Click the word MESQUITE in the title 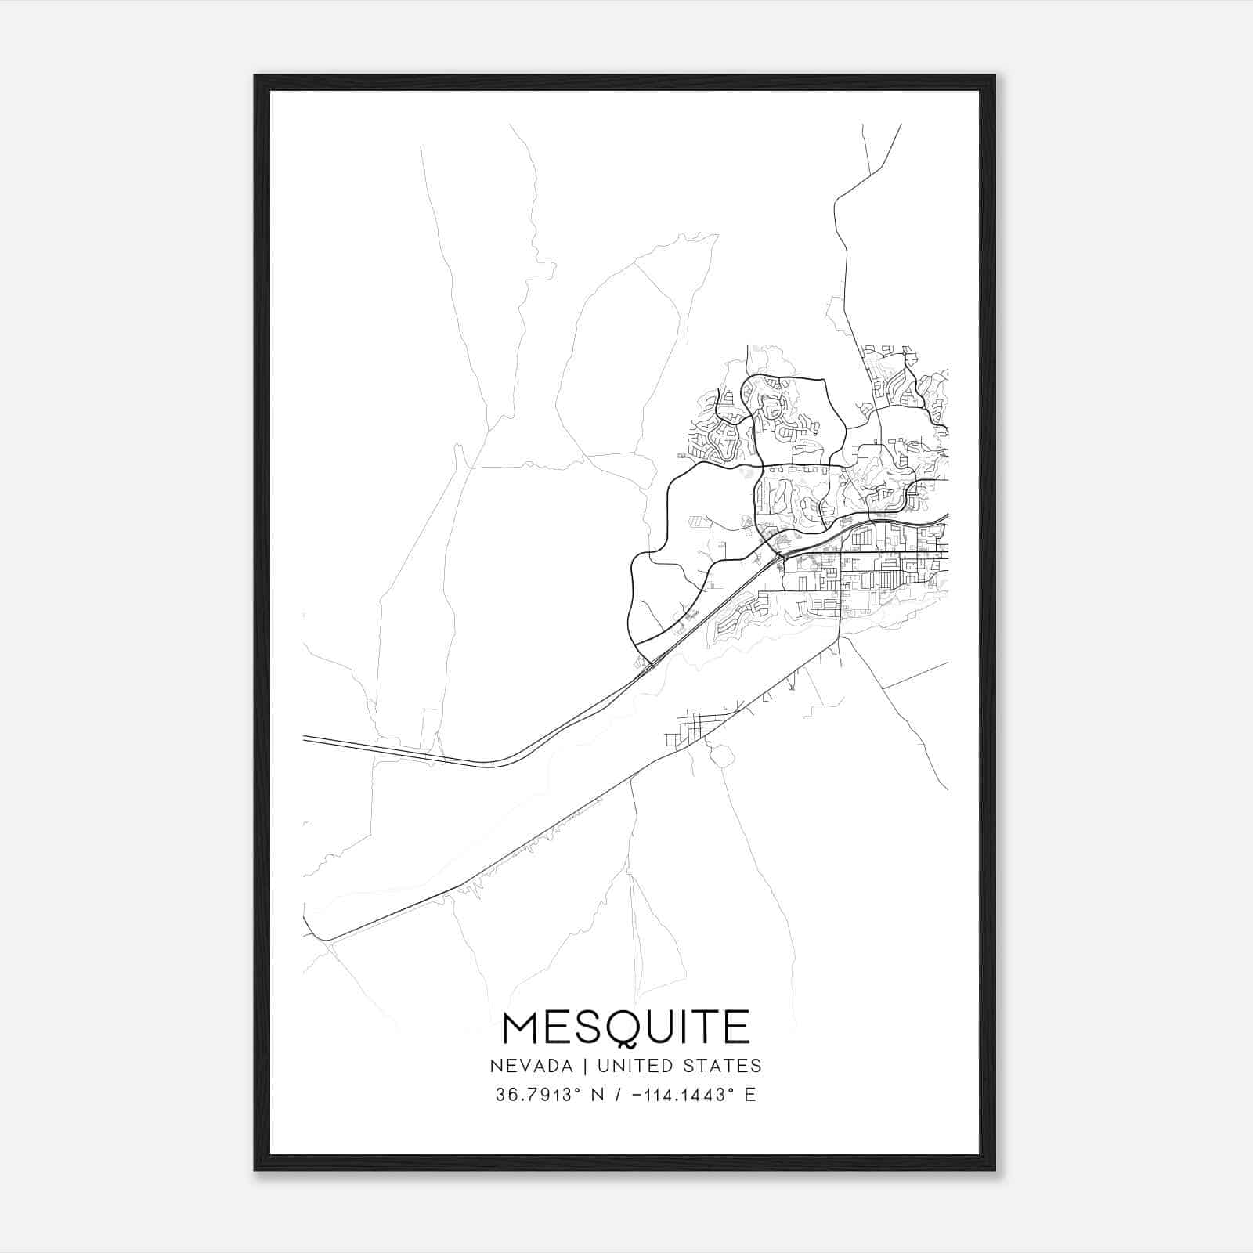tap(626, 1027)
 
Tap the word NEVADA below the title tap(525, 1066)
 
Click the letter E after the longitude tap(750, 1095)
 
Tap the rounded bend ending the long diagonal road tap(321, 937)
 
